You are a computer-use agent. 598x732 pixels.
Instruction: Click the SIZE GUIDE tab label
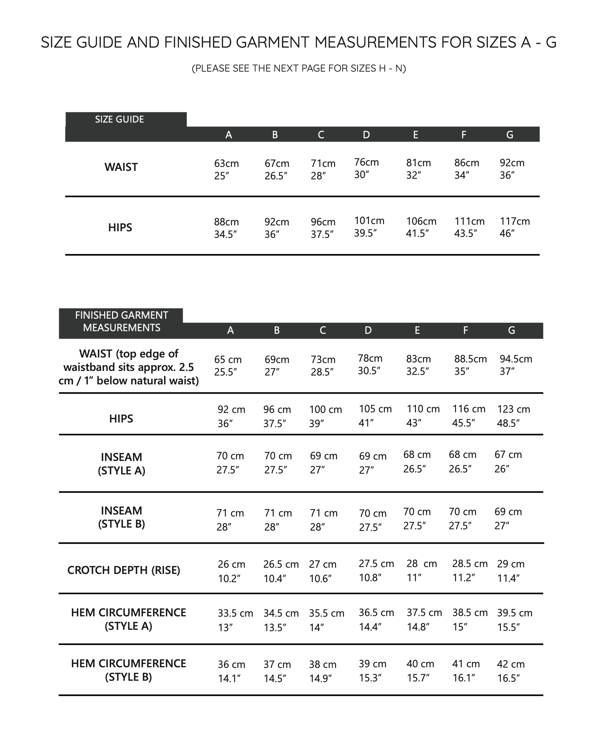[x=119, y=120]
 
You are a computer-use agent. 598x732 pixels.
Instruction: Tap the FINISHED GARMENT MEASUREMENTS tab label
[x=121, y=321]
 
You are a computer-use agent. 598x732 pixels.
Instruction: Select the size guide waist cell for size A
[x=226, y=170]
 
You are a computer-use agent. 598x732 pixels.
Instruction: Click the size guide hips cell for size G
[x=515, y=227]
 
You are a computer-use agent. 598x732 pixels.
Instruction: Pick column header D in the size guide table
[x=366, y=135]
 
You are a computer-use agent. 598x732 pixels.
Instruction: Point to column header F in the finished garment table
[x=465, y=330]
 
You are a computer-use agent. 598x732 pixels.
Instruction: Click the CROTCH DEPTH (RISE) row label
[x=124, y=570]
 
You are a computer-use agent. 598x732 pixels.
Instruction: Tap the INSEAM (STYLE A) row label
[x=121, y=464]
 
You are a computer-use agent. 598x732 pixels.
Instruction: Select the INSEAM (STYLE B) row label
[x=121, y=517]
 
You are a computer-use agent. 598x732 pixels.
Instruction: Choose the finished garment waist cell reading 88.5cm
[x=470, y=365]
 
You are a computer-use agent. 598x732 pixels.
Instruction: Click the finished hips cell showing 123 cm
[x=513, y=416]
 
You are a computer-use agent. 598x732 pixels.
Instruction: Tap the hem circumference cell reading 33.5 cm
[x=235, y=620]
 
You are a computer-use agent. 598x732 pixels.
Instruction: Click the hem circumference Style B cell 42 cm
[x=511, y=671]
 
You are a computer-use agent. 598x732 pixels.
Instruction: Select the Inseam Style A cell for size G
[x=508, y=462]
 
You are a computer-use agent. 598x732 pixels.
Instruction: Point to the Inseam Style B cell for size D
[x=372, y=520]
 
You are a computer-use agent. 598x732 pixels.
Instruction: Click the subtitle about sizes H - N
[x=299, y=68]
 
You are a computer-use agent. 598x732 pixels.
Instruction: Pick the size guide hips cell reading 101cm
[x=369, y=227]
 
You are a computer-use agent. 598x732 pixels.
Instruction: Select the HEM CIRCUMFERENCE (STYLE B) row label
[x=128, y=670]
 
